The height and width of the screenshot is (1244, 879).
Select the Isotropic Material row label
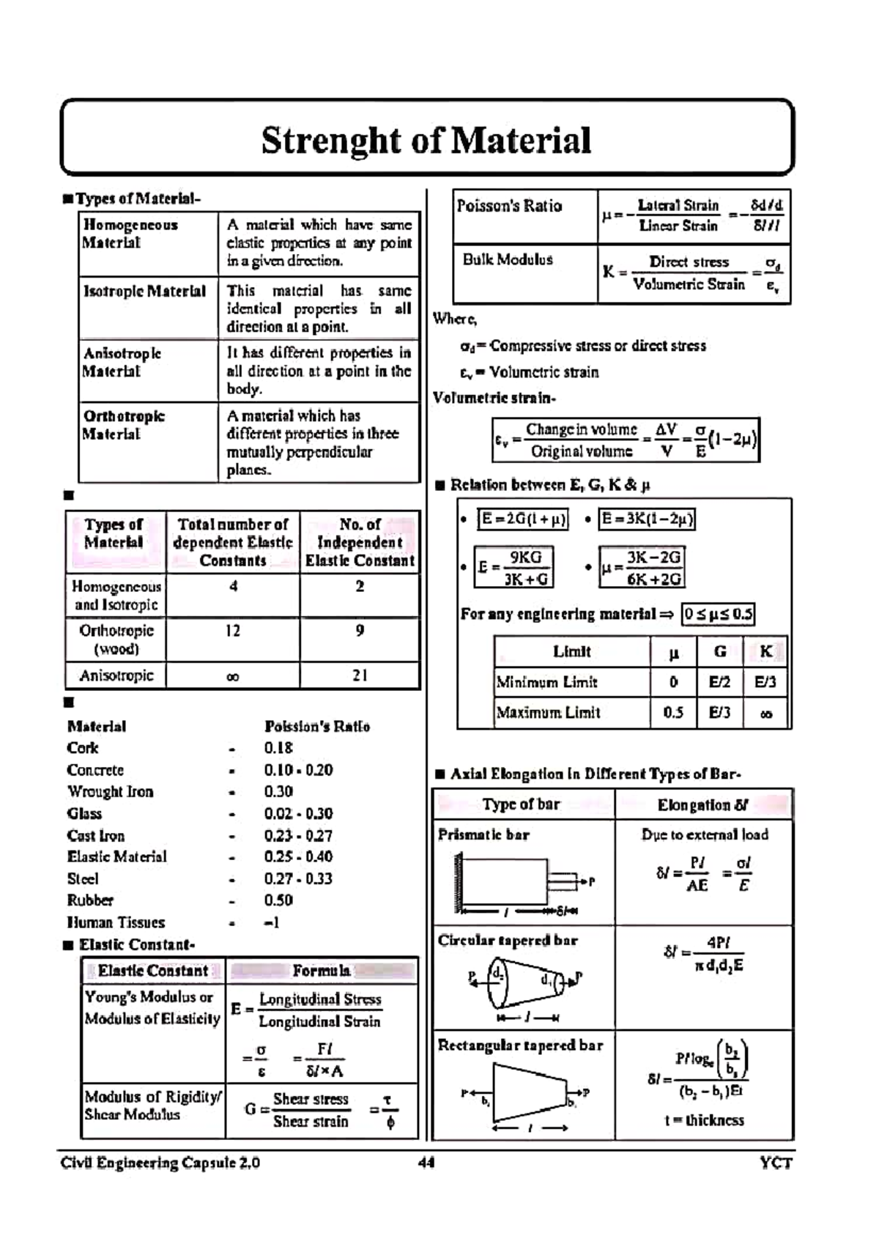pyautogui.click(x=144, y=292)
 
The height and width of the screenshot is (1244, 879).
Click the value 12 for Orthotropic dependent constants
pyautogui.click(x=232, y=631)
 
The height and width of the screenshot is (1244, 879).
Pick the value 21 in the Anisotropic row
pyautogui.click(x=360, y=675)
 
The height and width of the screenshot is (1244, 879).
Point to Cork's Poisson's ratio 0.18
pyautogui.click(x=278, y=748)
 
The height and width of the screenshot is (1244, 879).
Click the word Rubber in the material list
pyautogui.click(x=90, y=900)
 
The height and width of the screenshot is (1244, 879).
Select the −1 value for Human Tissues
pyautogui.click(x=272, y=923)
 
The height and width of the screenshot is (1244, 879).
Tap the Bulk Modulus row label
pyautogui.click(x=508, y=260)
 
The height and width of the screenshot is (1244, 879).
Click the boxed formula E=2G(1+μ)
pyautogui.click(x=523, y=519)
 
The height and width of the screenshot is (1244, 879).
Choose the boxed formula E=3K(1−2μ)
pyautogui.click(x=647, y=519)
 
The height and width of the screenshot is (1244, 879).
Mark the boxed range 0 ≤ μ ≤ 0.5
pyautogui.click(x=718, y=614)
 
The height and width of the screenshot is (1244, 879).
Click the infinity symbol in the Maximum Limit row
pyautogui.click(x=766, y=714)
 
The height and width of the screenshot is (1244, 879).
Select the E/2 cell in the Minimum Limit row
pyautogui.click(x=719, y=683)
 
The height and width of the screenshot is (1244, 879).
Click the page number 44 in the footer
pyautogui.click(x=426, y=1163)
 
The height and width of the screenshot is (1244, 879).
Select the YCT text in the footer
pyautogui.click(x=776, y=1163)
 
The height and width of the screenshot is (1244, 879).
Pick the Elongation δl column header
pyautogui.click(x=702, y=805)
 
